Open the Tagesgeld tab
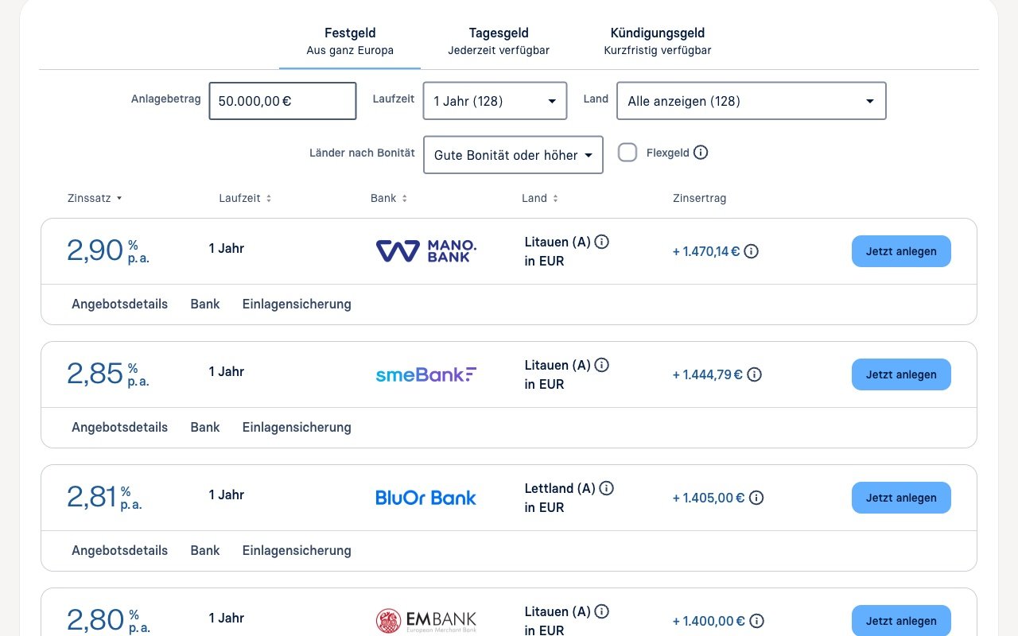(x=499, y=41)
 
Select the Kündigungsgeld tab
(x=657, y=41)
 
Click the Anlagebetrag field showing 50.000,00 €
(x=282, y=101)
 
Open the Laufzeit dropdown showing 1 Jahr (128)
(x=495, y=101)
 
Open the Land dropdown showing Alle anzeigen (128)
(x=752, y=101)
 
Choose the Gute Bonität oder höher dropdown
(x=513, y=155)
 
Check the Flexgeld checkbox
(x=628, y=153)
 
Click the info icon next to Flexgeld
(x=701, y=153)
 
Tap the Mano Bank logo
(x=425, y=251)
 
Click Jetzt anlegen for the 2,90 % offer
(x=901, y=251)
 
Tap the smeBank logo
(x=425, y=374)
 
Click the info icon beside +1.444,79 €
(x=755, y=374)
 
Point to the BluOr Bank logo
(x=425, y=498)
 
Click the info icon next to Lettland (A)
(x=606, y=488)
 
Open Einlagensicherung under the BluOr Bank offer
(x=297, y=551)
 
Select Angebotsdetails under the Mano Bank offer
(x=119, y=304)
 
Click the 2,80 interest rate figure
(x=95, y=619)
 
